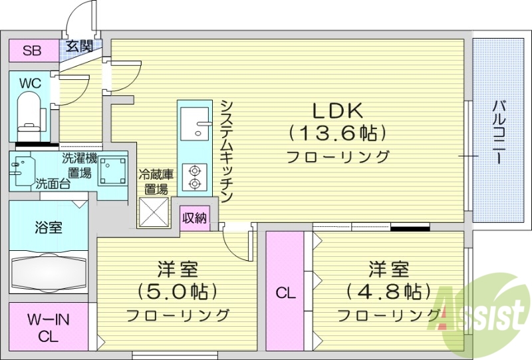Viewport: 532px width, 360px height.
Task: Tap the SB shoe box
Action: pos(31,51)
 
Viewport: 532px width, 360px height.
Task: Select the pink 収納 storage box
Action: pos(194,218)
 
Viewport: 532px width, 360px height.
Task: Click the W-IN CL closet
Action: pos(47,327)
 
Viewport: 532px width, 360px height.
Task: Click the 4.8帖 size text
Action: pos(389,292)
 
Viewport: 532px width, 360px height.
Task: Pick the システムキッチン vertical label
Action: pos(226,152)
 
